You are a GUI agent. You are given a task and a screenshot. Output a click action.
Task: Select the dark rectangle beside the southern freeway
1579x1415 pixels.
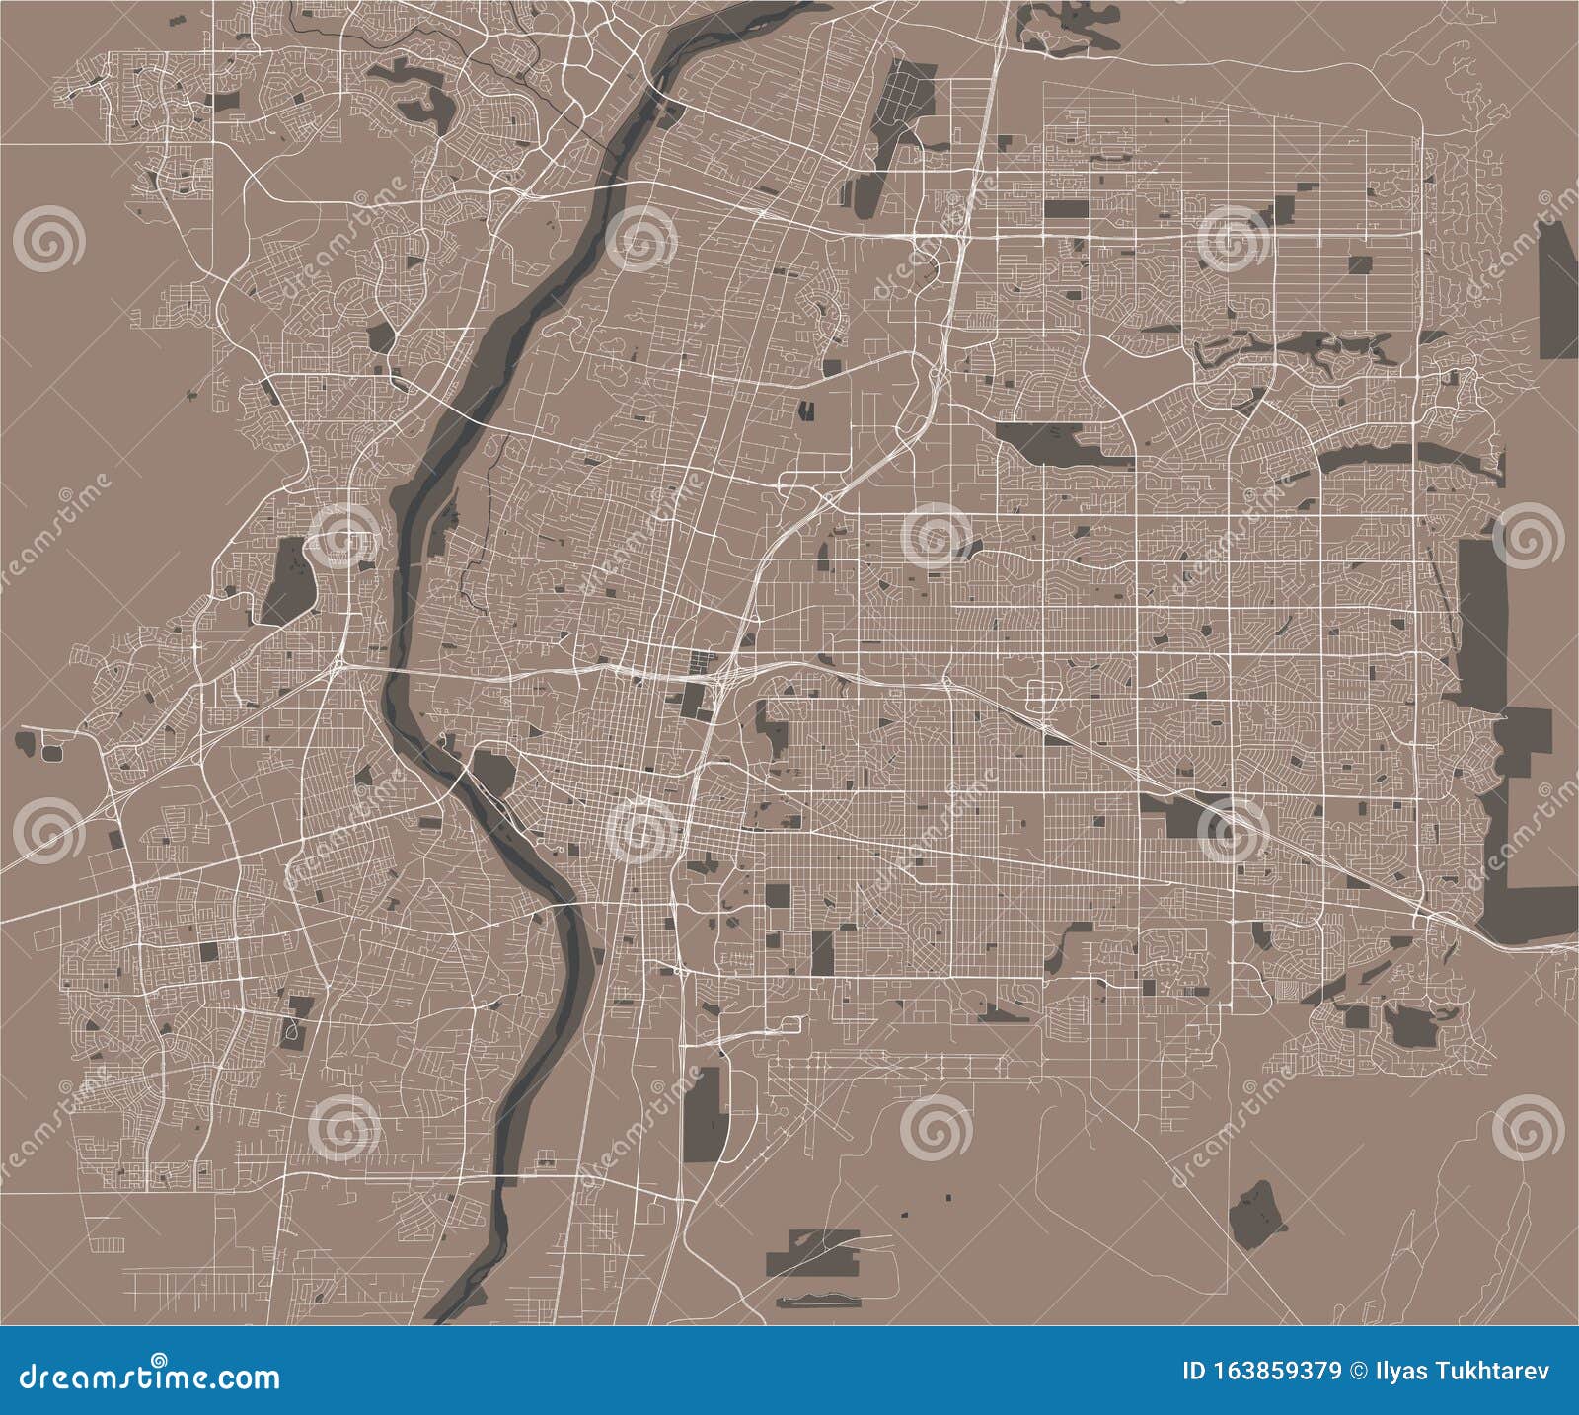pos(705,1114)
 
